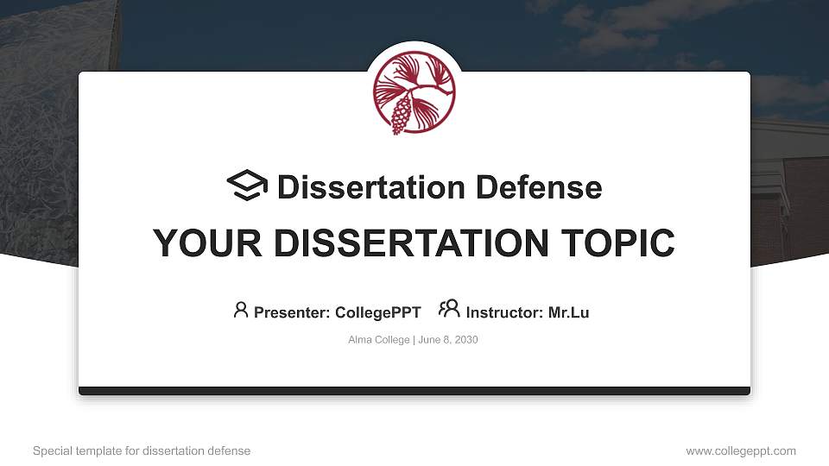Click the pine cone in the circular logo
pos(400,115)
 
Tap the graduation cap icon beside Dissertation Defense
pos(247,186)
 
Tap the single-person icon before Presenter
pos(241,310)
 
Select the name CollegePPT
pos(377,312)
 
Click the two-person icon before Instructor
pos(449,309)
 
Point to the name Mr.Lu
pos(568,312)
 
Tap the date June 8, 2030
pos(448,340)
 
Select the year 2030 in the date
pos(466,340)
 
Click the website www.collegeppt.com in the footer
pos(741,450)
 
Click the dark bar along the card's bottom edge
pos(414,391)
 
